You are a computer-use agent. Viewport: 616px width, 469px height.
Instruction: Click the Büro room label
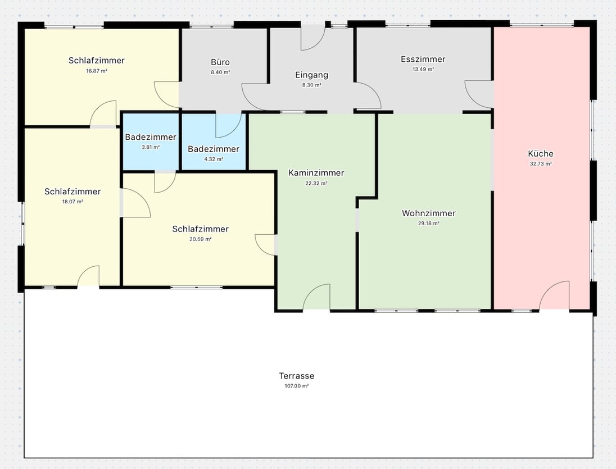click(220, 62)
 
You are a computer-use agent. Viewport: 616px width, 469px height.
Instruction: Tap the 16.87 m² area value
click(97, 71)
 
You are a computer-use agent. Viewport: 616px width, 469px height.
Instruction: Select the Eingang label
click(311, 75)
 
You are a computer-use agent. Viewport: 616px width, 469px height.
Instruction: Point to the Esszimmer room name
click(423, 60)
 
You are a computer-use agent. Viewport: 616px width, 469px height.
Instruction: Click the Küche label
click(541, 153)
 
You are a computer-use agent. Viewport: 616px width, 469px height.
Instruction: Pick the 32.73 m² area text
click(541, 163)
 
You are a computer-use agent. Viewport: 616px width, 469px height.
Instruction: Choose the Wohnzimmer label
click(429, 213)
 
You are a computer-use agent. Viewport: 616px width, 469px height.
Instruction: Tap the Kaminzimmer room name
click(316, 172)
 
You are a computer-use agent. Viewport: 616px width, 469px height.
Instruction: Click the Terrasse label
click(297, 376)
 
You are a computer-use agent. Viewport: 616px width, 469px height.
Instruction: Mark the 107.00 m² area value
click(297, 386)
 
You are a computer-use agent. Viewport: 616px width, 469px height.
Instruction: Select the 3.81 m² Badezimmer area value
click(151, 147)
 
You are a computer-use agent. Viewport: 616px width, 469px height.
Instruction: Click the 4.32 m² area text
click(214, 159)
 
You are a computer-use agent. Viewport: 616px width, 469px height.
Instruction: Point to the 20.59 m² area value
click(200, 239)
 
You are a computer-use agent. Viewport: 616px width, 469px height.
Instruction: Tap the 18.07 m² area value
click(73, 202)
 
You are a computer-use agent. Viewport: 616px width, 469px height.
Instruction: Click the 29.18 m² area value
click(428, 224)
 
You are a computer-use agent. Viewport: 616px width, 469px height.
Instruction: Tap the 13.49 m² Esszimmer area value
click(423, 70)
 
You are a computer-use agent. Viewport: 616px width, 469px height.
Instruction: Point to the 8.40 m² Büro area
click(220, 72)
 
